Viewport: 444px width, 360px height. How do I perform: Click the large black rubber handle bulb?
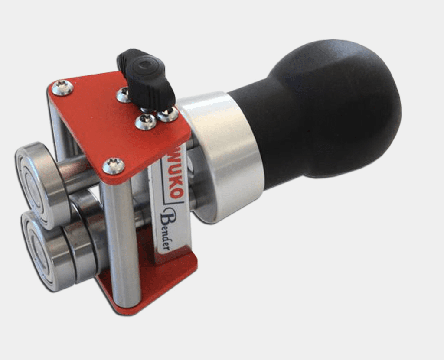pyautogui.click(x=334, y=110)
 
